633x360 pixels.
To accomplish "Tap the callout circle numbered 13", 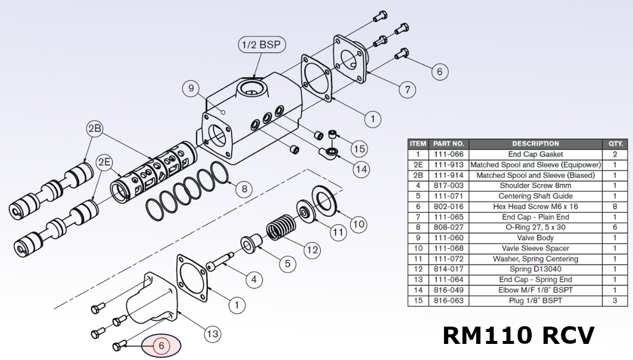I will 212,334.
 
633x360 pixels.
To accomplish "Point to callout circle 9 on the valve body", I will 191,89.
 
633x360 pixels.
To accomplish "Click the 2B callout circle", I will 95,129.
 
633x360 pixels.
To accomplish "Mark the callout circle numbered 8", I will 243,190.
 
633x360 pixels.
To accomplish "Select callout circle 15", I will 359,148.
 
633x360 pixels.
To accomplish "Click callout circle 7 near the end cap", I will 407,90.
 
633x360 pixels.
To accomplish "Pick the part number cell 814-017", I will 448,269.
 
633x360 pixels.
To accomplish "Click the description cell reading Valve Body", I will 535,238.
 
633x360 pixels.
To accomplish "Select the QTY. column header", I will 615,144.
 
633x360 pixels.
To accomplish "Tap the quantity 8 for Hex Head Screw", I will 615,206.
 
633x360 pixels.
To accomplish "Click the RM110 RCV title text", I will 518,336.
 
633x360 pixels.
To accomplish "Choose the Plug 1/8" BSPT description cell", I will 535,300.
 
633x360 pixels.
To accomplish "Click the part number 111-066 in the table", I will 448,154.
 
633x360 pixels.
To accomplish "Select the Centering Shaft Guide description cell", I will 535,196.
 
